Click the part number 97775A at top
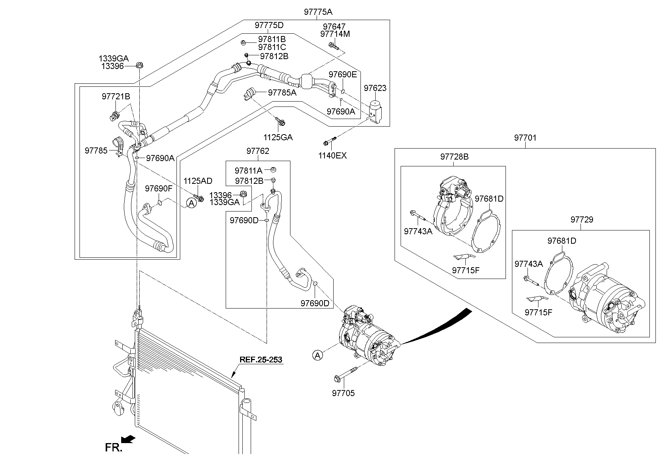point(318,12)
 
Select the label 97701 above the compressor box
point(525,138)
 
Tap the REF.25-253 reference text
point(261,360)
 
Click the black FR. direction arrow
point(129,439)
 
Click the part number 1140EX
point(332,155)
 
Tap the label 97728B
point(454,157)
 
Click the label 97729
point(582,219)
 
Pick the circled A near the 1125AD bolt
point(192,204)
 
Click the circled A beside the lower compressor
point(318,355)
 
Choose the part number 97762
point(257,151)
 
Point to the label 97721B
point(115,97)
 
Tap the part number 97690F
point(159,188)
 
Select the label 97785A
point(282,92)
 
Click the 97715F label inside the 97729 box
point(538,312)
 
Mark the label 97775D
point(269,25)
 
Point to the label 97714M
point(335,34)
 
